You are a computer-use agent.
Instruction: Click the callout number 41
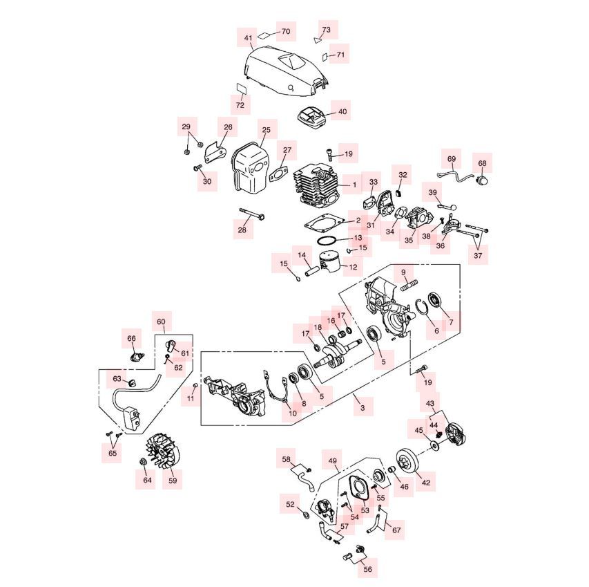tap(249, 38)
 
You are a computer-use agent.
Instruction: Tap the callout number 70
tap(286, 31)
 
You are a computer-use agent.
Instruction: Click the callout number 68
tap(482, 163)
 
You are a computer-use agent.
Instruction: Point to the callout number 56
tap(367, 569)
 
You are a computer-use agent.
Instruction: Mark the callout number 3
tap(362, 407)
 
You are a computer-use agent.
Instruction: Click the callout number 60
tap(161, 322)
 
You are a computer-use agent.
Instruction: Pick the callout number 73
tap(327, 29)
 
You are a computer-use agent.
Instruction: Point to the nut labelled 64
tap(143, 461)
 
